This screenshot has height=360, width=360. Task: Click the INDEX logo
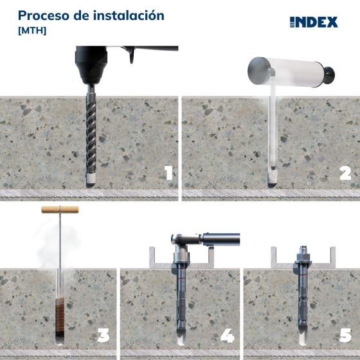point(313,22)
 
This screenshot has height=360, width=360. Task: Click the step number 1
point(168,173)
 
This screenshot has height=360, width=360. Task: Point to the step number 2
point(345,173)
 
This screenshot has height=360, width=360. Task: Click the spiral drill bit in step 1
point(91,135)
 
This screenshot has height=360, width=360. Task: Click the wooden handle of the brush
point(60,209)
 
